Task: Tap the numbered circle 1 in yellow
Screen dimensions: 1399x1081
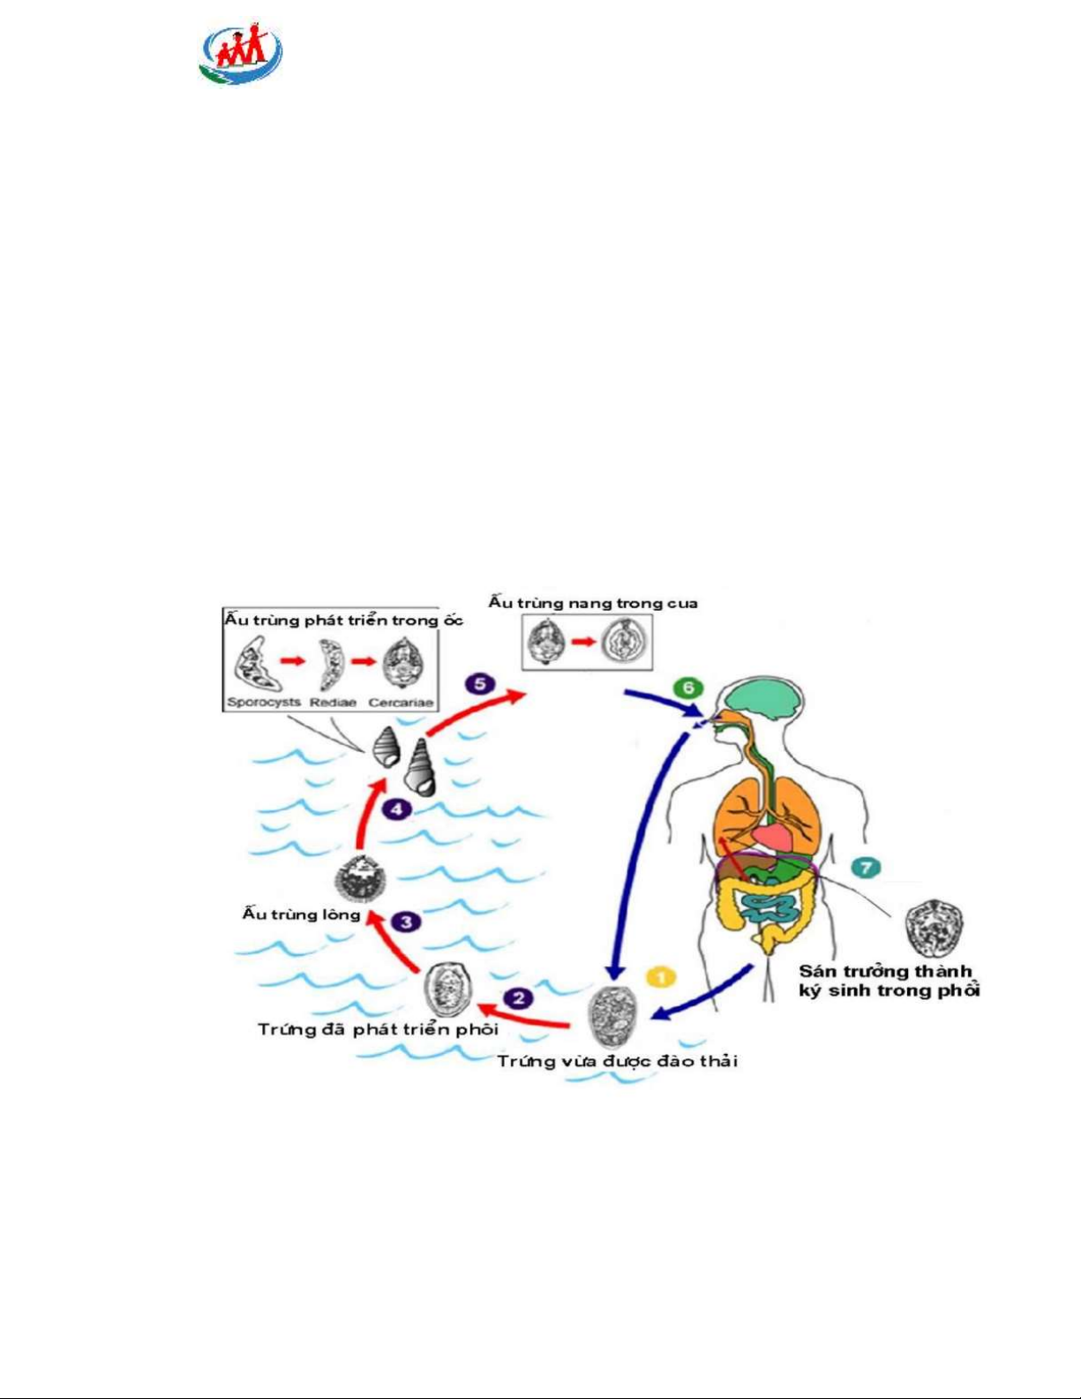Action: pyautogui.click(x=661, y=977)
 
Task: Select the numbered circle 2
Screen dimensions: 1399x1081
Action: pyautogui.click(x=518, y=998)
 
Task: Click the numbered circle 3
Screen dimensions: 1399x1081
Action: pyautogui.click(x=406, y=921)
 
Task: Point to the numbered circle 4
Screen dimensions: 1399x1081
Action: pyautogui.click(x=397, y=808)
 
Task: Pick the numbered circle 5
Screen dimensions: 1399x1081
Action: pyautogui.click(x=479, y=684)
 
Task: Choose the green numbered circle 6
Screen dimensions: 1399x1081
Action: pyautogui.click(x=687, y=688)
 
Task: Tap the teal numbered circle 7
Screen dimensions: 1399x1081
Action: pyautogui.click(x=866, y=867)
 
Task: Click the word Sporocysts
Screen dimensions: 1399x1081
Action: pyautogui.click(x=264, y=703)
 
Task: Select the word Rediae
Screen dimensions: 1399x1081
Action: pyautogui.click(x=333, y=703)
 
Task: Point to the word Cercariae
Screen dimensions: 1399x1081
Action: pyautogui.click(x=402, y=703)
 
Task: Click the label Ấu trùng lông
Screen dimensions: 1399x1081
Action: pyautogui.click(x=301, y=914)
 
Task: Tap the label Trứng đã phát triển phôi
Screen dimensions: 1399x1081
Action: pyautogui.click(x=378, y=1029)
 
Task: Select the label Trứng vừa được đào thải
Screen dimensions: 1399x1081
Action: pyautogui.click(x=617, y=1060)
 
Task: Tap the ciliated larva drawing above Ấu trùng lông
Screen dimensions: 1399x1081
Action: pyautogui.click(x=360, y=878)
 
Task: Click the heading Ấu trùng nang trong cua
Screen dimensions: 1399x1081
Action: pyautogui.click(x=593, y=603)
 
